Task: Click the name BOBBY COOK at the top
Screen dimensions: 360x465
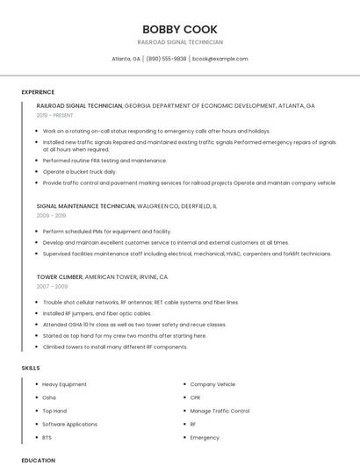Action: [x=180, y=29]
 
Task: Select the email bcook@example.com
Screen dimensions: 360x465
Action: [x=220, y=59]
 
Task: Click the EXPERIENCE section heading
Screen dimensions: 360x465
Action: [x=38, y=92]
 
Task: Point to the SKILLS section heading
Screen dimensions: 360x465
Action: [x=31, y=368]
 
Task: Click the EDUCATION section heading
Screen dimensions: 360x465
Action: [x=38, y=460]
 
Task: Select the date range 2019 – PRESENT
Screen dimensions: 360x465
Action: [x=55, y=115]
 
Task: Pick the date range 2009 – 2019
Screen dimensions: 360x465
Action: [x=51, y=215]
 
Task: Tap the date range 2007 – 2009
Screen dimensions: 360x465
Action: [x=51, y=286]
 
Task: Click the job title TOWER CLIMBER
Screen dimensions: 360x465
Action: [x=60, y=276]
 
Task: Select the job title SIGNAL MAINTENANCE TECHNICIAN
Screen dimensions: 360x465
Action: [x=85, y=205]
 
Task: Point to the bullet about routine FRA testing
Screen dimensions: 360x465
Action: [x=104, y=161]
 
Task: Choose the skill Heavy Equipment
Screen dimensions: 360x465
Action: [x=64, y=384]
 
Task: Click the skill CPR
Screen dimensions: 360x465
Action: [x=196, y=397]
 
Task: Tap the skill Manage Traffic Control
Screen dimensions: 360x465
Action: [x=220, y=411]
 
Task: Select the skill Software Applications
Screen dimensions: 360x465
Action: [x=69, y=424]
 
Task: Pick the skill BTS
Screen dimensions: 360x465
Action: [x=47, y=437]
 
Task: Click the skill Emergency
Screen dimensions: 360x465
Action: [x=205, y=437]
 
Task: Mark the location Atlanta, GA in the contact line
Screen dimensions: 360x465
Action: [x=126, y=59]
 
